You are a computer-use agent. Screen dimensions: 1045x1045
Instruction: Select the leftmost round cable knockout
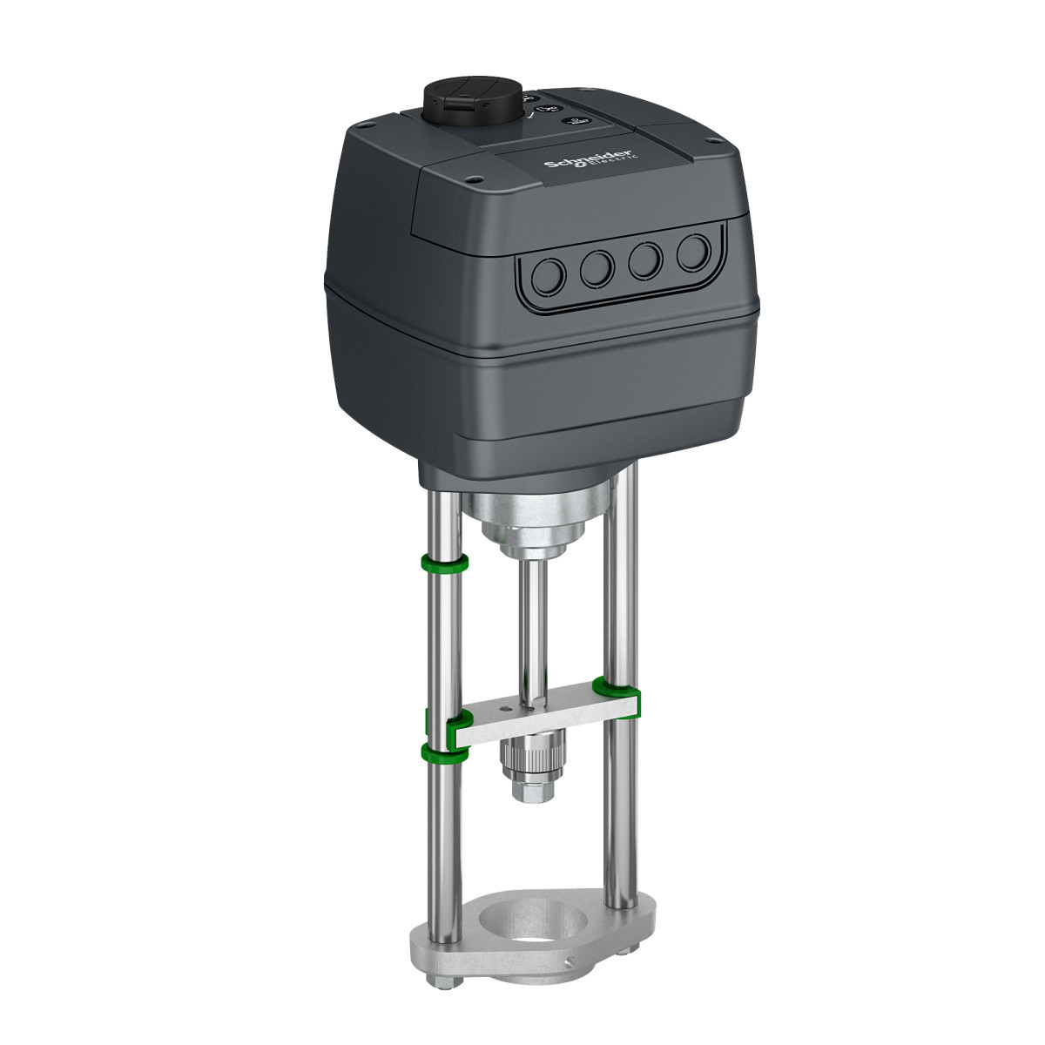point(549,276)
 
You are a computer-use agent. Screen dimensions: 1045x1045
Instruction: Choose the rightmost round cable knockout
point(693,253)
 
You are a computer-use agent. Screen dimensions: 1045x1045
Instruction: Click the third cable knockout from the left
point(646,260)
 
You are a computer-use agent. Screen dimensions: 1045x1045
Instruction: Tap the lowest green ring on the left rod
point(442,752)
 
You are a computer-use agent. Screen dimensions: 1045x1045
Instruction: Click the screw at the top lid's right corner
point(714,140)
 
